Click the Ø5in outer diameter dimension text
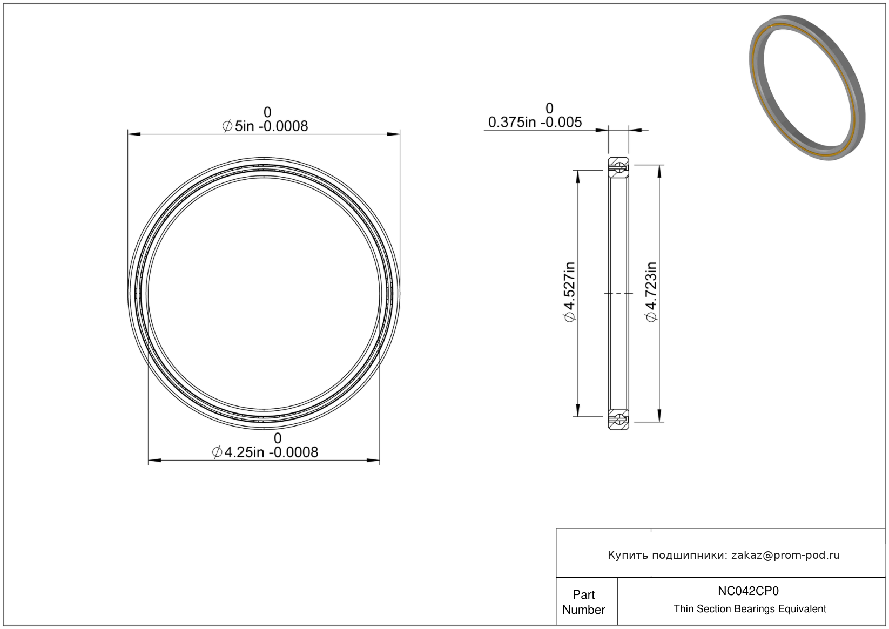(x=265, y=126)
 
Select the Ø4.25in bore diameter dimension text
(x=265, y=452)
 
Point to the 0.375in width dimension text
(x=535, y=122)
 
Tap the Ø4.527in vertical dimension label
(x=569, y=292)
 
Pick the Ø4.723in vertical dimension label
(x=652, y=292)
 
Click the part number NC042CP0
(x=748, y=591)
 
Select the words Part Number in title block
(x=583, y=602)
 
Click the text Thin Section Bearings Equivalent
(x=750, y=609)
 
